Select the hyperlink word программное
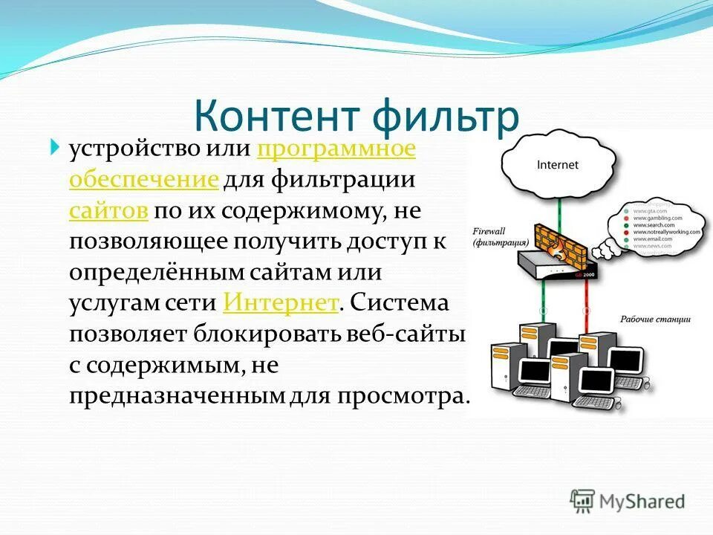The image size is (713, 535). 335,148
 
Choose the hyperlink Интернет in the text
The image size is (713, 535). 280,303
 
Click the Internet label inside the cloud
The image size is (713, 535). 558,165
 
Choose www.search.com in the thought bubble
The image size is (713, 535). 651,226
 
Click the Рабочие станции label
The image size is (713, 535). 656,320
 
